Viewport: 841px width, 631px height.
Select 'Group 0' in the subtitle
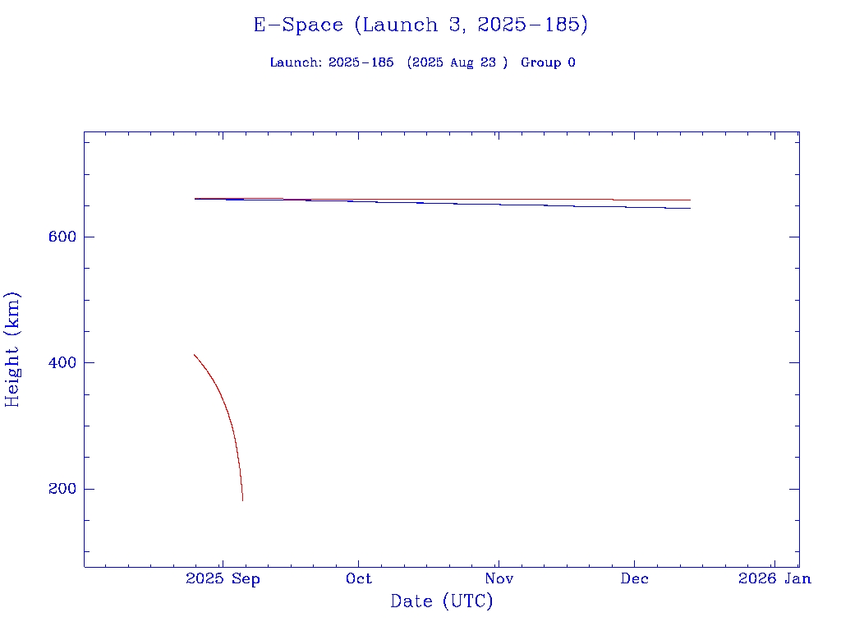(548, 62)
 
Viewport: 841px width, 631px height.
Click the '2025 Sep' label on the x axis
(223, 579)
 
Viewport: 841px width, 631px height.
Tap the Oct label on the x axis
(359, 579)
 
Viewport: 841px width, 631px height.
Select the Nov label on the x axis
(499, 579)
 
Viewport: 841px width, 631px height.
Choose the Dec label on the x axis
(634, 579)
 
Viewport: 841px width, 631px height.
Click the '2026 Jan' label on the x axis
(774, 579)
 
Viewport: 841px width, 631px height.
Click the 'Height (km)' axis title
(12, 349)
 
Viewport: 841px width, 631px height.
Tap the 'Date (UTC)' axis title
(442, 601)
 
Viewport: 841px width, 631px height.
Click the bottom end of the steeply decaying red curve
(242, 500)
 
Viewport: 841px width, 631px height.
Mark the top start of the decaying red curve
(194, 355)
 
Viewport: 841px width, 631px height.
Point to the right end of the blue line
(690, 208)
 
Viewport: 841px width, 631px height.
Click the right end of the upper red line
(690, 200)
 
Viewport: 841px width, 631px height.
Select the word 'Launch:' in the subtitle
(296, 62)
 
